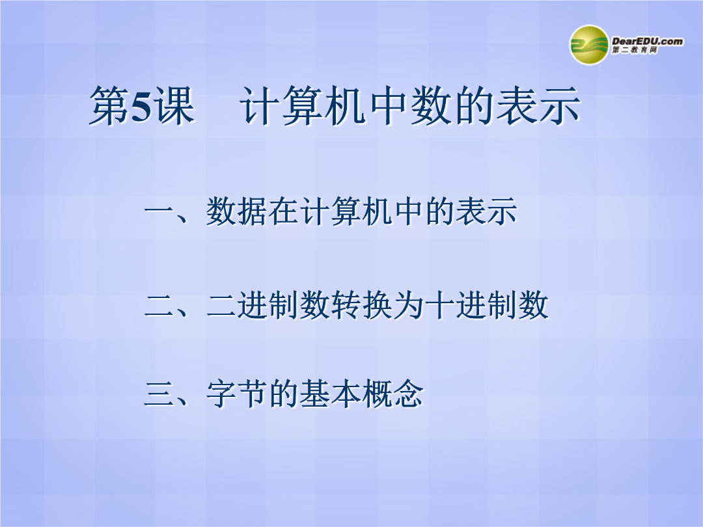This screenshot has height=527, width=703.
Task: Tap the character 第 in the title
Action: [109, 106]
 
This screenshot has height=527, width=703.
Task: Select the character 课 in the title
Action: [175, 106]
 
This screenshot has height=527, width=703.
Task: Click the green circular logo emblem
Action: [589, 45]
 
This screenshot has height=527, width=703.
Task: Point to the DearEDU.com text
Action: [648, 41]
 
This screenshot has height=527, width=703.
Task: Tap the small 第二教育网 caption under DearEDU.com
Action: [635, 50]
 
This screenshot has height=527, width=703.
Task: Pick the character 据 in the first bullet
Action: [253, 211]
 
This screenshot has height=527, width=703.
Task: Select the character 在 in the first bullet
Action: [284, 211]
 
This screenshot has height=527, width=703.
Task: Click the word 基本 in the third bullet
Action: [331, 394]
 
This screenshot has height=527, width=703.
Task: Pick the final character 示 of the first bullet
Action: [502, 211]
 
